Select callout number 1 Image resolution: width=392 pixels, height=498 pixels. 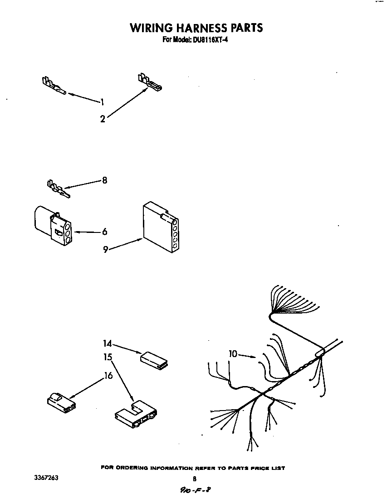point(103,102)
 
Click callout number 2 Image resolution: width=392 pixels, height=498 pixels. point(103,119)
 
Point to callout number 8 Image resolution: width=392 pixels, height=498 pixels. point(105,180)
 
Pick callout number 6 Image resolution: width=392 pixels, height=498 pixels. point(105,232)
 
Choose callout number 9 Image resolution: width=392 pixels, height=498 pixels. point(105,249)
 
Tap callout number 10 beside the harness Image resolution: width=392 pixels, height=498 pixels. point(233,354)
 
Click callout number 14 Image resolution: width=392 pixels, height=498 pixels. point(107,344)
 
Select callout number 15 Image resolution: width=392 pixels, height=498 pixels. point(107,357)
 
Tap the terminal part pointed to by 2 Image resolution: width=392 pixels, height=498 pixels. point(150,82)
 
